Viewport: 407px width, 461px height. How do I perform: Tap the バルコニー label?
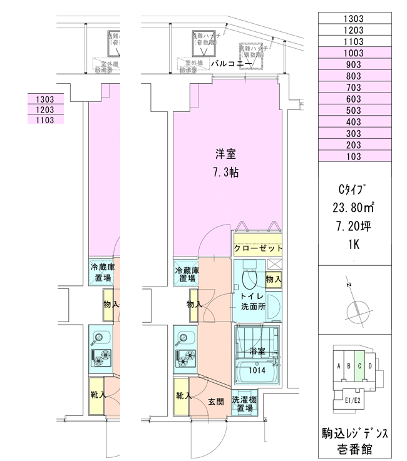tap(231, 64)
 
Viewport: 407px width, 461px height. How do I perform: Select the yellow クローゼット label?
tap(257, 248)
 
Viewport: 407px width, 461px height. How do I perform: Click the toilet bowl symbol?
tap(248, 275)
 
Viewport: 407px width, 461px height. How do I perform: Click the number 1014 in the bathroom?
tap(257, 370)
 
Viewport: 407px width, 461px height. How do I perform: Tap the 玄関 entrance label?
tap(217, 402)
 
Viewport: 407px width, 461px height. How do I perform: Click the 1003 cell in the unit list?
tap(354, 54)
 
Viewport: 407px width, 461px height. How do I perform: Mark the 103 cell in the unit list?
tap(354, 156)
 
